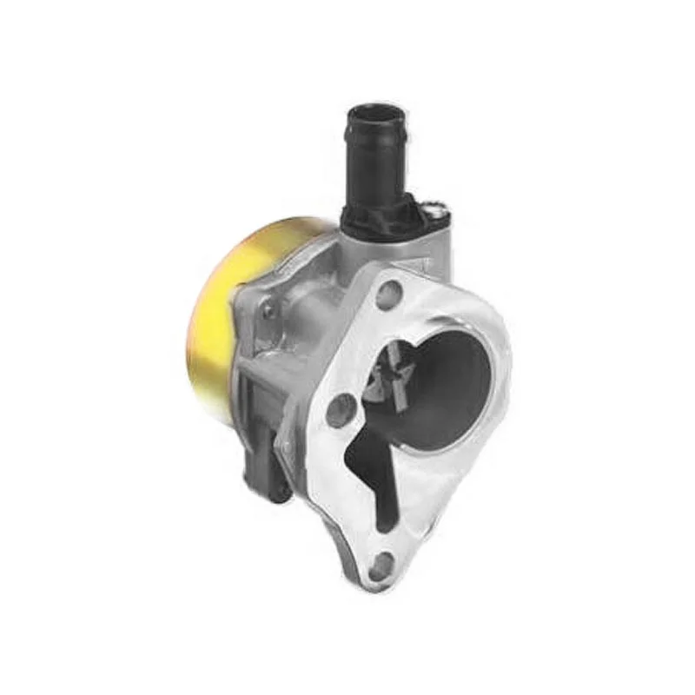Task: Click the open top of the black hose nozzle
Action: coord(375,113)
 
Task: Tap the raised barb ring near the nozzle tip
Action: coord(375,139)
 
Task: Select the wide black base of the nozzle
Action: coord(382,217)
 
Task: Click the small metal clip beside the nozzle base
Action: coord(437,208)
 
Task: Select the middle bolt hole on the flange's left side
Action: coord(340,408)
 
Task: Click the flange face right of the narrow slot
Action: coord(426,504)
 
